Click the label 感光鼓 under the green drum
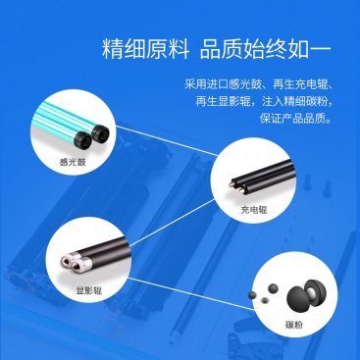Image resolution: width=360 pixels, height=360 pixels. (73, 162)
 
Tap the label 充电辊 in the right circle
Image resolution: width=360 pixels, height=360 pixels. (254, 210)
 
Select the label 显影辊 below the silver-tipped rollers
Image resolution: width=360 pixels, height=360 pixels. (89, 290)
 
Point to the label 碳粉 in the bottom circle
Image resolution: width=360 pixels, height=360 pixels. (294, 325)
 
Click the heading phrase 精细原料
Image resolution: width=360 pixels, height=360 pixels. (146, 49)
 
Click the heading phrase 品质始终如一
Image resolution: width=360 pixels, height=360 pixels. (266, 49)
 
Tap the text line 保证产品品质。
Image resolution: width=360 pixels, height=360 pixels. (296, 119)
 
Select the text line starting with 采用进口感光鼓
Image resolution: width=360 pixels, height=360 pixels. (258, 84)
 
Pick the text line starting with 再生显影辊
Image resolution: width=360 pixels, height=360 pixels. (264, 101)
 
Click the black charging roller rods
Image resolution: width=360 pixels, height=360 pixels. (262, 179)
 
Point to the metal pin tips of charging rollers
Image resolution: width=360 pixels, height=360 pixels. (236, 187)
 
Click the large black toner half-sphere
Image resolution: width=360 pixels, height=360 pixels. (297, 296)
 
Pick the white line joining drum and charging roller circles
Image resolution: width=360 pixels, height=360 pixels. (167, 141)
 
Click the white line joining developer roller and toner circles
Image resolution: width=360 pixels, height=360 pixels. (189, 293)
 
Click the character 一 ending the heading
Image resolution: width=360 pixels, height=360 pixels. (321, 50)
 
